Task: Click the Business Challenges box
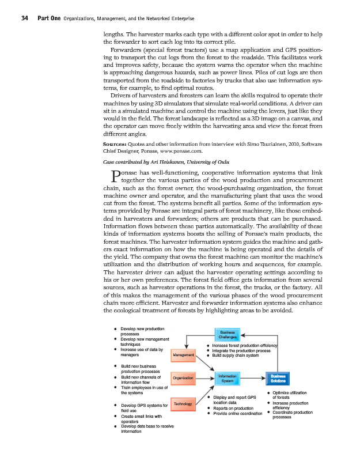[224, 335]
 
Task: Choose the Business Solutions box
[278, 378]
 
